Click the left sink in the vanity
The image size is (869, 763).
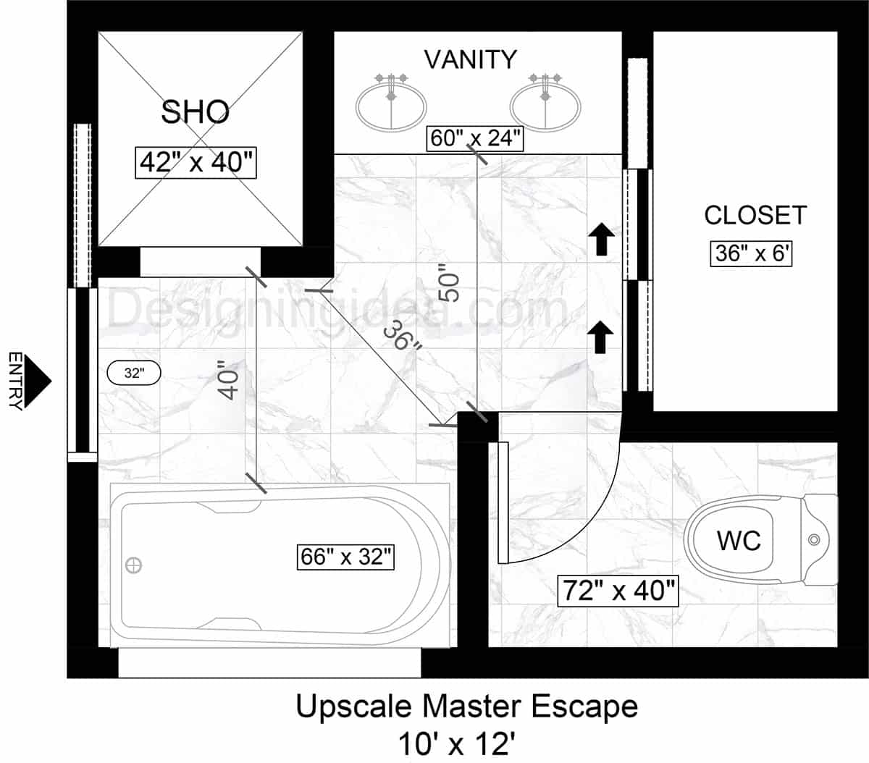click(x=390, y=106)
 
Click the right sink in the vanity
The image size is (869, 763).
click(x=545, y=106)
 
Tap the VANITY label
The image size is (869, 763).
click(x=470, y=59)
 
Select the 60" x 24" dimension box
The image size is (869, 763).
click(x=476, y=138)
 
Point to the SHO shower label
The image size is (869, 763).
click(x=195, y=112)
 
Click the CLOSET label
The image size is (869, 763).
click(x=755, y=215)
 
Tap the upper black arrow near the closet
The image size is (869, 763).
click(x=600, y=240)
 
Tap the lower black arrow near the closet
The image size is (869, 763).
click(x=600, y=337)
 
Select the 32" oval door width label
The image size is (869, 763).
click(x=133, y=374)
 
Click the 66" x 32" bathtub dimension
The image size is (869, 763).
click(x=346, y=557)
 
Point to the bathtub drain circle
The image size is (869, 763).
click(x=134, y=565)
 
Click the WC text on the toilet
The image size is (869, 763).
click(x=739, y=540)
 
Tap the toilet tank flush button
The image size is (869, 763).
click(x=814, y=539)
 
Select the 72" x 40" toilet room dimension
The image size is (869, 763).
click(x=618, y=591)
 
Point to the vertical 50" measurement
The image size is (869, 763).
click(x=450, y=287)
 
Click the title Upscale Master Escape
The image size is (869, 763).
click(x=466, y=707)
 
